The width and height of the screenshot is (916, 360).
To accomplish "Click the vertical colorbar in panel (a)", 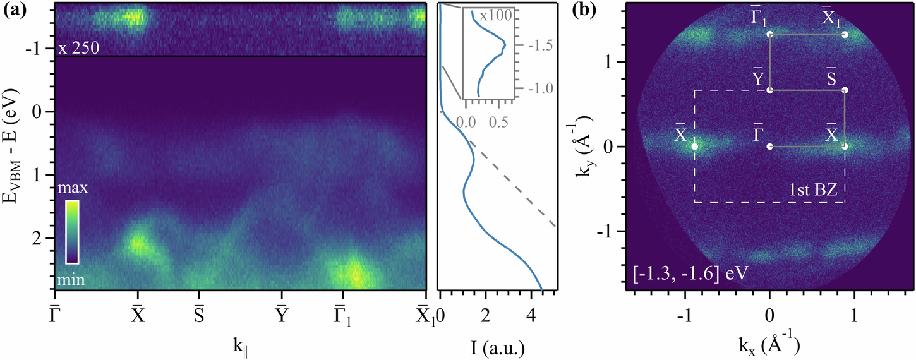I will [x=72, y=232].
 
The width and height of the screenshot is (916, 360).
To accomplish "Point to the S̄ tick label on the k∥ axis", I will [x=199, y=314].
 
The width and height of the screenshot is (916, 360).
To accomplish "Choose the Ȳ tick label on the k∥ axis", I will [x=282, y=314].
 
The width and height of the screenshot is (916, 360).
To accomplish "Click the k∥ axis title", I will [x=240, y=347].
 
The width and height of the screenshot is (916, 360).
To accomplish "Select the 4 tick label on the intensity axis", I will [x=531, y=314].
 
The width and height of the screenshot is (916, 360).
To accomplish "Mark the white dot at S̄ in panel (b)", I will [x=845, y=90].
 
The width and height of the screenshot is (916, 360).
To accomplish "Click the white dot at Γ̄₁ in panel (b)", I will [x=769, y=35].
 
